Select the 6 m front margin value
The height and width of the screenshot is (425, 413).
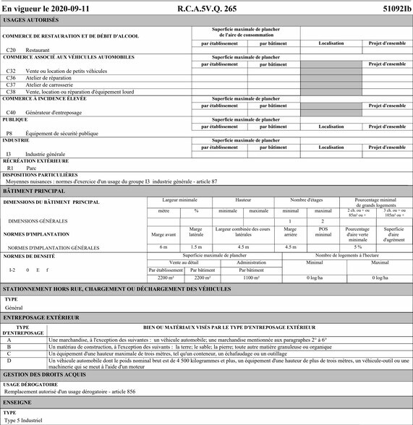[x=163, y=247]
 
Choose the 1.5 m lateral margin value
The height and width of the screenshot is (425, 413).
[x=195, y=247]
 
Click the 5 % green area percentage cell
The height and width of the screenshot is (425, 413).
[x=357, y=247]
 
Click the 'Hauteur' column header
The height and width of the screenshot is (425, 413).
[x=244, y=199]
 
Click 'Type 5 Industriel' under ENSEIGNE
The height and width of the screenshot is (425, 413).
[x=24, y=420]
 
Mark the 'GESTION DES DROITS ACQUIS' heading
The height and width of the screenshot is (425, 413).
[x=45, y=374]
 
